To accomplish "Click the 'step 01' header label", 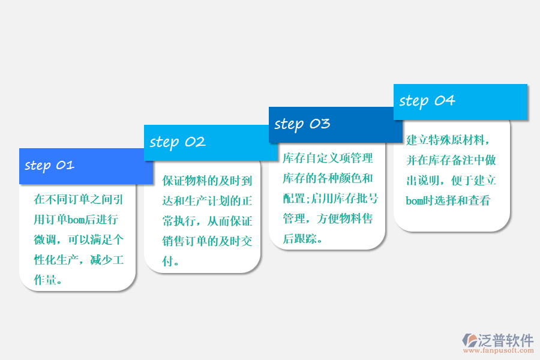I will pyautogui.click(x=49, y=166).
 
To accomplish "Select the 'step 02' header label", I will pyautogui.click(x=178, y=142).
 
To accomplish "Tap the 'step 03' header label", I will pyautogui.click(x=302, y=124).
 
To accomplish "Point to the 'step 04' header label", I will pyautogui.click(x=427, y=101).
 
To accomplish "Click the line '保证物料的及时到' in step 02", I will pyautogui.click(x=207, y=180).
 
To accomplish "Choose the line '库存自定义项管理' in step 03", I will pyautogui.click(x=328, y=158).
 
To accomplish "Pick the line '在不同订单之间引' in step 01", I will pyautogui.click(x=79, y=199).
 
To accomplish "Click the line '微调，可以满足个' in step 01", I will pyautogui.click(x=79, y=240).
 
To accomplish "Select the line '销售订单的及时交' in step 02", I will pyautogui.click(x=207, y=241).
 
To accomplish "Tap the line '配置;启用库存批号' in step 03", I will pyautogui.click(x=329, y=198).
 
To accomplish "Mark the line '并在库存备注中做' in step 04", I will pyautogui.click(x=451, y=160).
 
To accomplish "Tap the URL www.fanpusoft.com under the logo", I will pyautogui.click(x=498, y=353).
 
